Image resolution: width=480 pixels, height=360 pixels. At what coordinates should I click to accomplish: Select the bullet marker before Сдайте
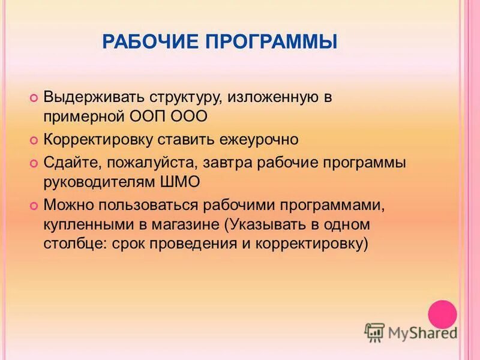tap(34, 163)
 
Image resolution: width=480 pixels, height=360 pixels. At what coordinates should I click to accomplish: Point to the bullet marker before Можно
tap(34, 205)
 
